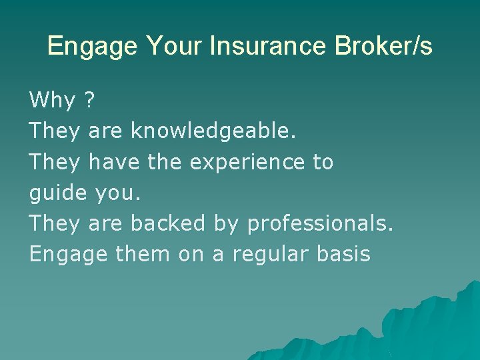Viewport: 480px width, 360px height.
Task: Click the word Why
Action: tap(53, 101)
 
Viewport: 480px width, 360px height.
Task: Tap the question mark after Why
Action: tap(90, 101)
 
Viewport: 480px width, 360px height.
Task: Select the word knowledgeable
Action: tap(213, 132)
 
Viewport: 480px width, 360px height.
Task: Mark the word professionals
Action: tap(319, 224)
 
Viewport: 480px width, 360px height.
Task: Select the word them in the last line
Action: tap(142, 254)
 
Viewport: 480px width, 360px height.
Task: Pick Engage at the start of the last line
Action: tap(68, 255)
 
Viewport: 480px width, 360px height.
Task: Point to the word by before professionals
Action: tap(227, 224)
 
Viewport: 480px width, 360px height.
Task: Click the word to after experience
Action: tap(323, 162)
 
